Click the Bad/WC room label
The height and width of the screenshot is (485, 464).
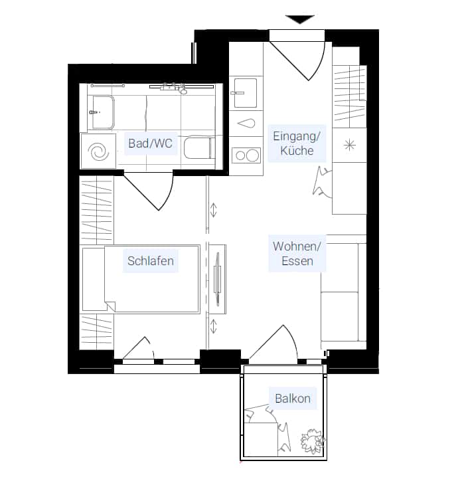(150, 144)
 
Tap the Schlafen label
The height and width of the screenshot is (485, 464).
(151, 260)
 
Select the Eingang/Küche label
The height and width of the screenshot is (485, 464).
(297, 144)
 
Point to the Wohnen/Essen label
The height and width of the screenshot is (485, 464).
(297, 254)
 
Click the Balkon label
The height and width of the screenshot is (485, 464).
(293, 399)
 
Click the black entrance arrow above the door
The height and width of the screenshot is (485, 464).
(300, 19)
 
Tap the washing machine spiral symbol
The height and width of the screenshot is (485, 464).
(98, 152)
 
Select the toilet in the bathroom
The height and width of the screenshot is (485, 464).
(199, 148)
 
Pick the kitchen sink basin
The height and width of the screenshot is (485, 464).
(246, 93)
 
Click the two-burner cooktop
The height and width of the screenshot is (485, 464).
(246, 155)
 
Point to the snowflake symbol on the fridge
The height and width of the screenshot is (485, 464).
(350, 145)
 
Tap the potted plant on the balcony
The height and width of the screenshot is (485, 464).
(313, 441)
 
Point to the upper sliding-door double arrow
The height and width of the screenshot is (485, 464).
(214, 210)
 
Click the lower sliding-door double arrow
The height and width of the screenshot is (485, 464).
(214, 327)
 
